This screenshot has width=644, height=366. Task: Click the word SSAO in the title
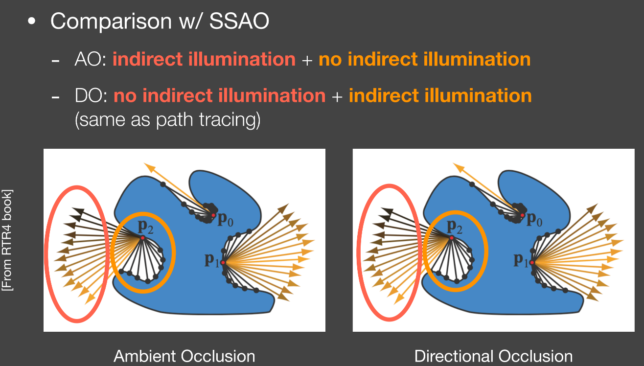pyautogui.click(x=239, y=21)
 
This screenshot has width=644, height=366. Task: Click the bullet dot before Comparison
pyautogui.click(x=32, y=21)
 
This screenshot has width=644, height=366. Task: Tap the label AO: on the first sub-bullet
pyautogui.click(x=90, y=59)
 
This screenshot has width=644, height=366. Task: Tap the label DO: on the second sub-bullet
pyautogui.click(x=91, y=95)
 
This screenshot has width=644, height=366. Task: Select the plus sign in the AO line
pyautogui.click(x=307, y=60)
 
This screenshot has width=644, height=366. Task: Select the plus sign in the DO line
pyautogui.click(x=337, y=96)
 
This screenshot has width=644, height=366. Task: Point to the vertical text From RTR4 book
pyautogui.click(x=7, y=240)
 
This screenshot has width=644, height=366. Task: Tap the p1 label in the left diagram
pyautogui.click(x=212, y=260)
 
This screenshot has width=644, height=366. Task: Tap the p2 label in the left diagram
pyautogui.click(x=145, y=227)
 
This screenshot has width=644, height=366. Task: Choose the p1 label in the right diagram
pyautogui.click(x=521, y=260)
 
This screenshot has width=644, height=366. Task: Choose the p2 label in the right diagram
pyautogui.click(x=455, y=227)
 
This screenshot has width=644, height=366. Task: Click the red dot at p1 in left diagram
pyautogui.click(x=223, y=262)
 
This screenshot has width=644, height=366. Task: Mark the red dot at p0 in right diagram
pyautogui.click(x=522, y=215)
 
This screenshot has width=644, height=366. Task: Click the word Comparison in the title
pyautogui.click(x=111, y=22)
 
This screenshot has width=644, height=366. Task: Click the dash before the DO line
pyautogui.click(x=55, y=97)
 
